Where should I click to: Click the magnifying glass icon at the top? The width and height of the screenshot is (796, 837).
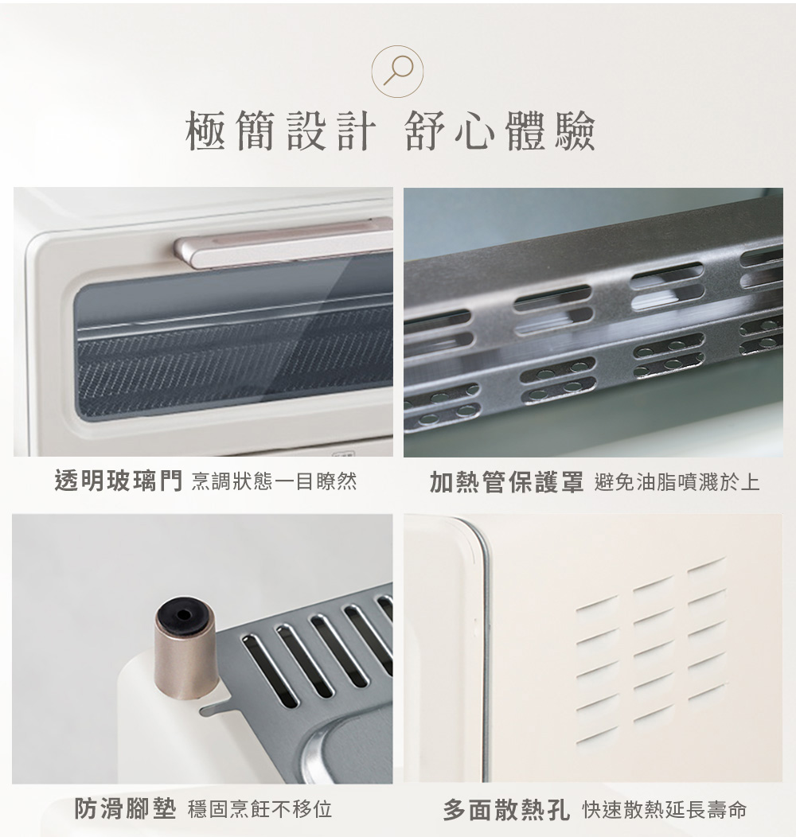tap(397, 71)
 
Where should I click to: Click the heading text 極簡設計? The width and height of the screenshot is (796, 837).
tap(280, 130)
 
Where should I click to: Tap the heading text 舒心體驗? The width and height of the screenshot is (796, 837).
tap(500, 130)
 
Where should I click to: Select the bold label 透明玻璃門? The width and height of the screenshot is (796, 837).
tap(118, 481)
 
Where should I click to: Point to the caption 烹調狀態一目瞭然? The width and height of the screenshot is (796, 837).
tap(274, 481)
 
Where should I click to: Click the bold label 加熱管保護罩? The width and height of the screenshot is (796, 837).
tap(506, 482)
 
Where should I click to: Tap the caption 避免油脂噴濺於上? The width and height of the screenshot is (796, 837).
tap(677, 482)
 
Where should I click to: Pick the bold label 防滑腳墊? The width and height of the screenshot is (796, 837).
tap(125, 808)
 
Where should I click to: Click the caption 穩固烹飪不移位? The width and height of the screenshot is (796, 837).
tap(259, 809)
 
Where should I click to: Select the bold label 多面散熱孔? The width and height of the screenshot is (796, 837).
tap(506, 810)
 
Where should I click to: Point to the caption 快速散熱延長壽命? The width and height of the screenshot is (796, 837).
tap(664, 810)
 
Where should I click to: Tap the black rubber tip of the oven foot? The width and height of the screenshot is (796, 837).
tap(183, 614)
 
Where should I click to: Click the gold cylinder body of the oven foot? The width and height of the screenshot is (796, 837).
tap(183, 660)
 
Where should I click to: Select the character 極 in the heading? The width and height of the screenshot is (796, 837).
tap(205, 130)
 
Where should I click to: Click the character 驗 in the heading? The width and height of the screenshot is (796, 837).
tap(575, 130)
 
